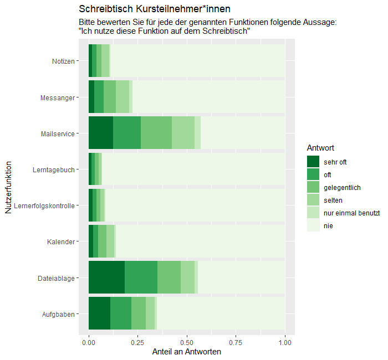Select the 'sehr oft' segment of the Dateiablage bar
106,278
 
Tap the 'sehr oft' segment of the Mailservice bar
101,133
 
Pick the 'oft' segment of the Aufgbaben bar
121,314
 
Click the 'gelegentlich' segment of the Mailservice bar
156,133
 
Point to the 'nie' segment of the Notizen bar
197,61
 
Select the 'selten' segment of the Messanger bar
122,97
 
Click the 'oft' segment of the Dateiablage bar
141,278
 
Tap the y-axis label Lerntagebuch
54,170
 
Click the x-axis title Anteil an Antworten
187,352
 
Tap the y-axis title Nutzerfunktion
8,187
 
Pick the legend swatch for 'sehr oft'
313,162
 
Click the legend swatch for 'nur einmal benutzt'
313,213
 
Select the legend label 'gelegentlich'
343,187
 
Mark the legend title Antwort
320,148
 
